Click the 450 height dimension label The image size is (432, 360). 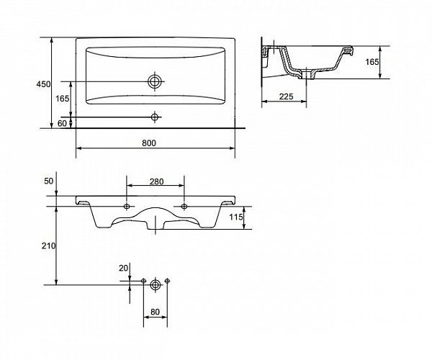click(43, 84)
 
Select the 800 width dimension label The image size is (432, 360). click(149, 143)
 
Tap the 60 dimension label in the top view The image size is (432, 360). click(62, 123)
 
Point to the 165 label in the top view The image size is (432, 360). click(63, 99)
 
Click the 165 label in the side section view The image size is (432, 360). click(372, 62)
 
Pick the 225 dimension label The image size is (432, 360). click(287, 96)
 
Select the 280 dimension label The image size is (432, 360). click(156, 181)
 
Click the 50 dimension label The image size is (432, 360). click(49, 181)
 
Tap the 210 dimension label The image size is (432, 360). click(49, 246)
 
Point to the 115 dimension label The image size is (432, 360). click(236, 217)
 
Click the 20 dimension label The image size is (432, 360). click(123, 268)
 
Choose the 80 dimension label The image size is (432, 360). click(155, 312)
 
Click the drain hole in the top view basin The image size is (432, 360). click(155, 81)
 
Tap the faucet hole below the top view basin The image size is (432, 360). click(155, 117)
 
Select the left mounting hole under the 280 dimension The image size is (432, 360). click(127, 207)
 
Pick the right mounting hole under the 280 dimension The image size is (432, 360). click(184, 207)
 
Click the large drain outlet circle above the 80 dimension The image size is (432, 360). click(156, 284)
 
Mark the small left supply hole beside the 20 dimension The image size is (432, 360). click(143, 281)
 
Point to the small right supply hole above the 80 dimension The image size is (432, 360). click(167, 281)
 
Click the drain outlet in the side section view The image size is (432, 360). click(307, 75)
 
